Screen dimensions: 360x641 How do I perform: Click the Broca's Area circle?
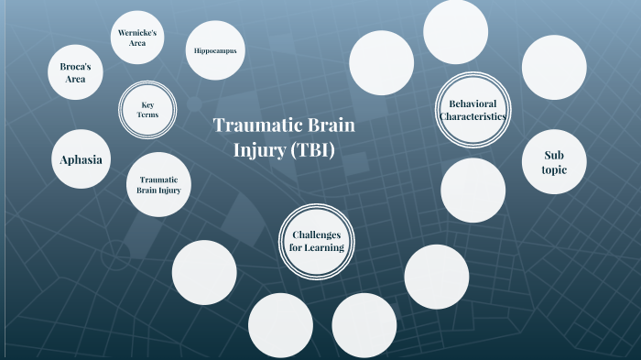(76, 72)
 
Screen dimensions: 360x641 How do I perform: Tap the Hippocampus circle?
(215, 50)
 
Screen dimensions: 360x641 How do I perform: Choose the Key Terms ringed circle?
(148, 109)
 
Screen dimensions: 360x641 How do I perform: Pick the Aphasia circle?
(81, 160)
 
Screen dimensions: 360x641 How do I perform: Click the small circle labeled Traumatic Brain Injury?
(158, 184)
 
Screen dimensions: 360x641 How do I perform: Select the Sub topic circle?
(555, 163)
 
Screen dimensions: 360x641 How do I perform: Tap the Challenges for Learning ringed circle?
(317, 240)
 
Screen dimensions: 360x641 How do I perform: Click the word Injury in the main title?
(257, 149)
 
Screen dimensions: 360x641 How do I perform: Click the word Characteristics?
(472, 116)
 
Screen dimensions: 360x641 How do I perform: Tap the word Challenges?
(317, 234)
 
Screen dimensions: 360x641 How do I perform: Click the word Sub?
(555, 155)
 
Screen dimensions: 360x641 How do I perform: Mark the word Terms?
(148, 115)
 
